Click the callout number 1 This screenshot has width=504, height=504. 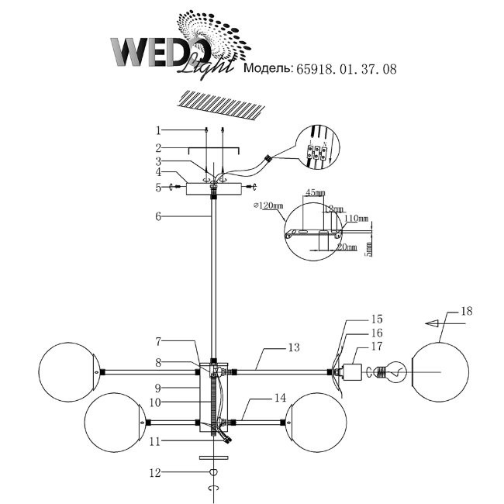point(157,130)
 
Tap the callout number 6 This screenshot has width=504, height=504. point(157,217)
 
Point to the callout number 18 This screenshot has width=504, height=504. point(466,312)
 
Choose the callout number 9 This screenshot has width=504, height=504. point(157,386)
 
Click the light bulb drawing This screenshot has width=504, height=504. point(392,372)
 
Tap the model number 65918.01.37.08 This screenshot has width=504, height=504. point(346,70)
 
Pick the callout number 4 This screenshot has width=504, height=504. point(157,174)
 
